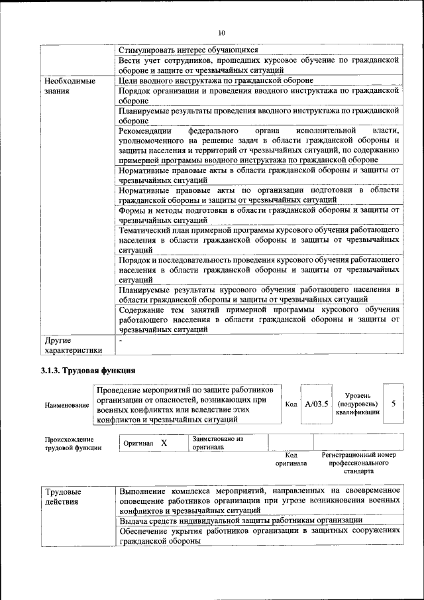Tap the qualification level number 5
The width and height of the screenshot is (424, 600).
click(394, 403)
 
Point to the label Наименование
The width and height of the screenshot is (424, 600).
click(66, 404)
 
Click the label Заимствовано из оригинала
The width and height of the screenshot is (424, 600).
click(218, 443)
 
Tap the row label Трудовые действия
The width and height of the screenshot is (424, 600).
click(63, 497)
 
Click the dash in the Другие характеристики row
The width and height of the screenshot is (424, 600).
click(121, 340)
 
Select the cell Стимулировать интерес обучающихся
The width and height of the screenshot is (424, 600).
click(188, 50)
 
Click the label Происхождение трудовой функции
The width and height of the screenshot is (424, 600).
click(73, 444)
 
